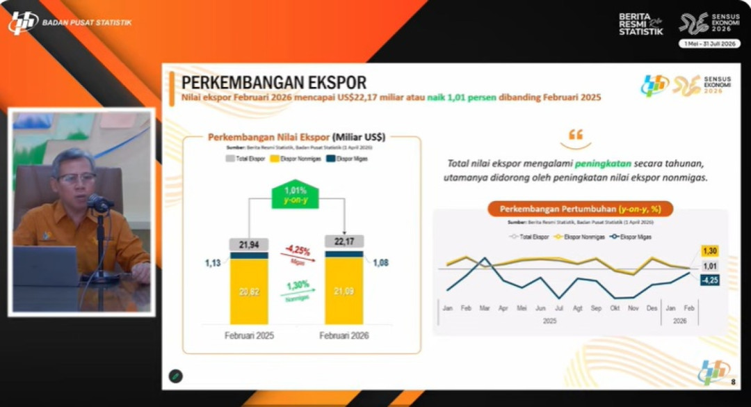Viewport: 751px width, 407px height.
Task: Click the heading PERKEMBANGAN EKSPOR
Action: [x=273, y=82]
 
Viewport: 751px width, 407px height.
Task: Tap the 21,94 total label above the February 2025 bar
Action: [x=249, y=244]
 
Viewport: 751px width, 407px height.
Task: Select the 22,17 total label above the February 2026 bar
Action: [x=344, y=241]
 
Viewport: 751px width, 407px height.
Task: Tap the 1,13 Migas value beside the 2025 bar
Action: [x=212, y=262]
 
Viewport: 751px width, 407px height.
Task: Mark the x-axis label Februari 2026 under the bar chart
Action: [x=344, y=335]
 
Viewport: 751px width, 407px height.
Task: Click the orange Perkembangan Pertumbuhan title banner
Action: [x=579, y=209]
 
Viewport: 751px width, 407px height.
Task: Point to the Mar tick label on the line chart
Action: [x=484, y=308]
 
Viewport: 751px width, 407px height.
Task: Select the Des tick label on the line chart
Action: [x=652, y=308]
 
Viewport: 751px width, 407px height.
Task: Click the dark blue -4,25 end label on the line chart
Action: [x=709, y=280]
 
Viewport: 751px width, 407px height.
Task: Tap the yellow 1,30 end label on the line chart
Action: [x=709, y=251]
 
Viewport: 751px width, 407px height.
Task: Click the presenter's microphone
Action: [x=99, y=204]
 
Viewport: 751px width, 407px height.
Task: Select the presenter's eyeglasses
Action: [x=76, y=179]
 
